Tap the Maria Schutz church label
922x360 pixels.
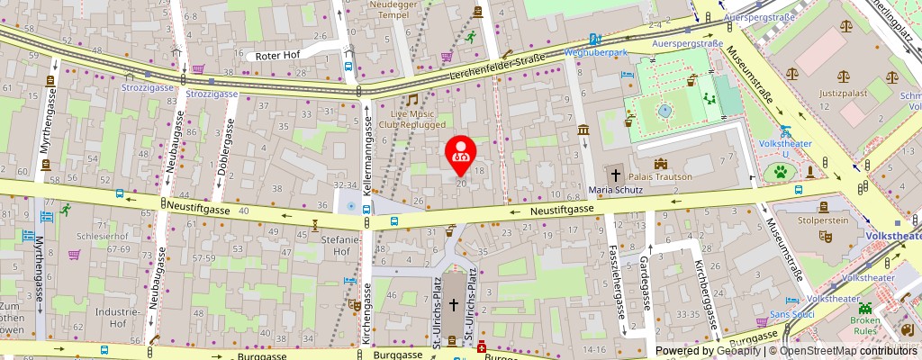pos(616,190)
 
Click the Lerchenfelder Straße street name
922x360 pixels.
pos(498,67)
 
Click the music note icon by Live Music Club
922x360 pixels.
pos(411,100)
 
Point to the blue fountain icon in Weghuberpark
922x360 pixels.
pos(664,111)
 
